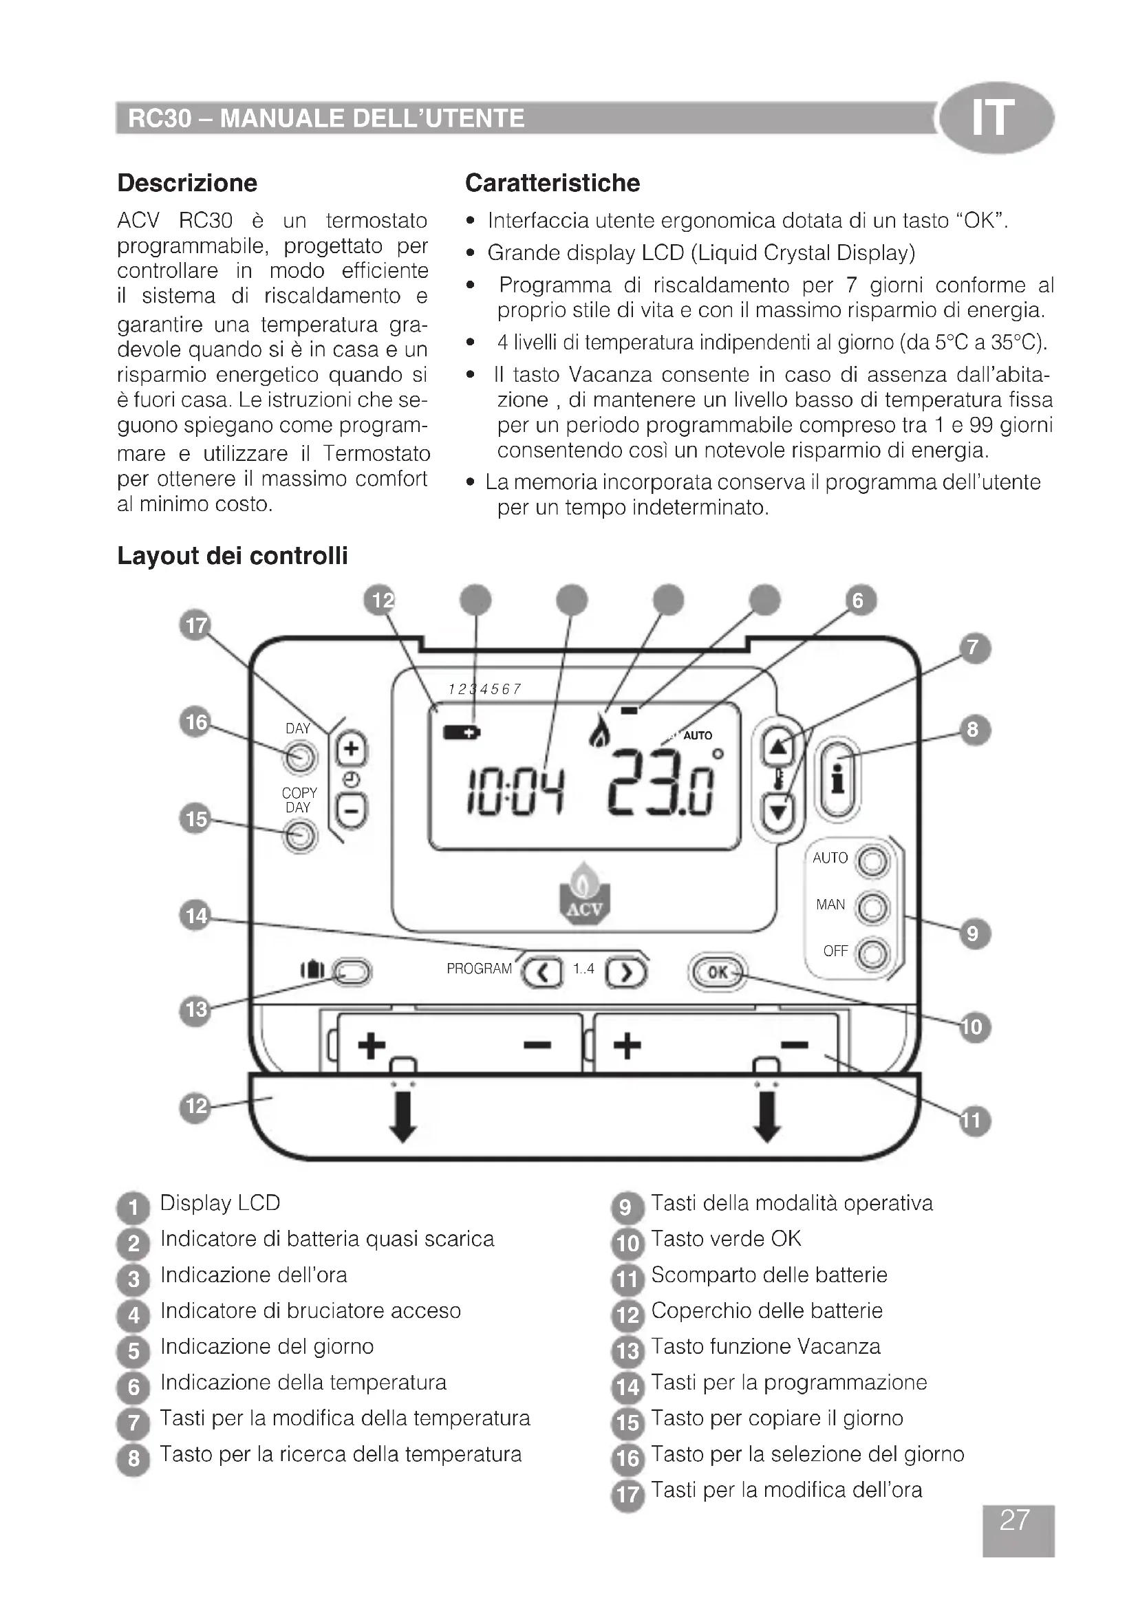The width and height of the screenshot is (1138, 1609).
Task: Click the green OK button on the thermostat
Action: point(718,972)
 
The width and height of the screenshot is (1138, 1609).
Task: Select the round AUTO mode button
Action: point(872,861)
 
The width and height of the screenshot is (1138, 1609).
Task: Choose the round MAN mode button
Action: point(872,908)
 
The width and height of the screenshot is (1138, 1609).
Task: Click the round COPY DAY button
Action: point(300,836)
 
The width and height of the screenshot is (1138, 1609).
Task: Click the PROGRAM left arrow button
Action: point(543,972)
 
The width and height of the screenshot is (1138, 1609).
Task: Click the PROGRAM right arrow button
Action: point(625,972)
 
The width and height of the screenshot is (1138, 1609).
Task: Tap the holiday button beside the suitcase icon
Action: point(352,972)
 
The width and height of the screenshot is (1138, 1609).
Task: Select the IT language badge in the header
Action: point(995,118)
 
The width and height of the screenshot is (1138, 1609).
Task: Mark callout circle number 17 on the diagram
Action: point(195,625)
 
